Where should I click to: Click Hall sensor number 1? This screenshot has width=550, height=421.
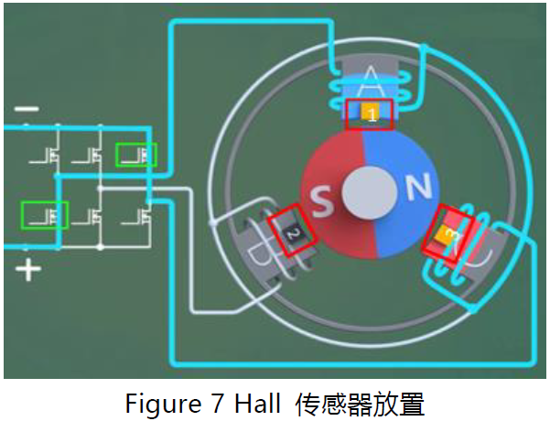pyautogui.click(x=371, y=114)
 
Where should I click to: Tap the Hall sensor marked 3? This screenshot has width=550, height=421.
pyautogui.click(x=446, y=234)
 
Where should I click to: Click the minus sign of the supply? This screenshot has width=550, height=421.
pyautogui.click(x=27, y=109)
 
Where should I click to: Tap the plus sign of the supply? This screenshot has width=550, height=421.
pyautogui.click(x=28, y=270)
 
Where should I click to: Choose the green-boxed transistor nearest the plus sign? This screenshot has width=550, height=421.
pyautogui.click(x=45, y=216)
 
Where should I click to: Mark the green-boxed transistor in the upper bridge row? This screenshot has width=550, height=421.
pyautogui.click(x=136, y=156)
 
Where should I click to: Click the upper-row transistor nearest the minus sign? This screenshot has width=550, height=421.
pyautogui.click(x=48, y=156)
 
